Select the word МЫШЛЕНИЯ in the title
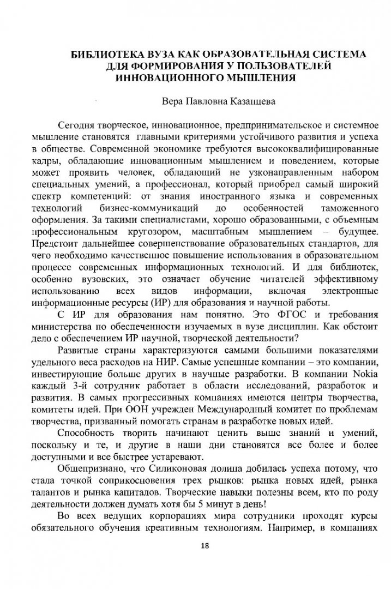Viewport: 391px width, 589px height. [x=261, y=77]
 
